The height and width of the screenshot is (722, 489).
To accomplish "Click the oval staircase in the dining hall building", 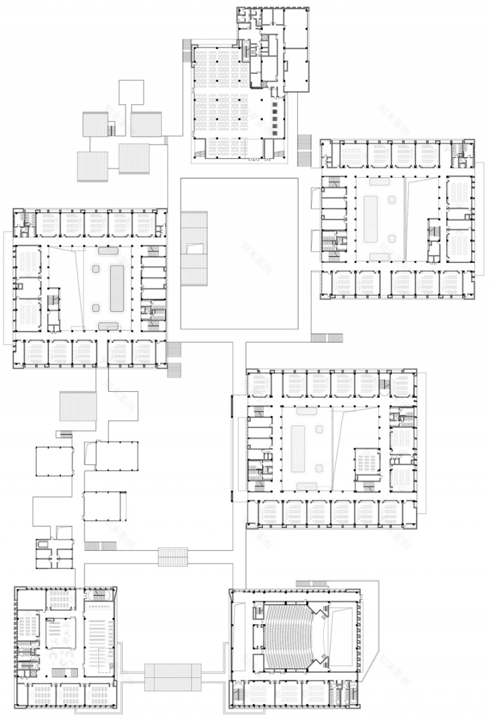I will (x=102, y=595).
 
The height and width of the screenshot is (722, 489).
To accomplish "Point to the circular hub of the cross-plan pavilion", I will (x=54, y=554).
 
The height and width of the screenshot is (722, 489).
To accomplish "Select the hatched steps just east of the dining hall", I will (x=305, y=150).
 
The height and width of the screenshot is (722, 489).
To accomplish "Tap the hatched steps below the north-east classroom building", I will (x=327, y=337).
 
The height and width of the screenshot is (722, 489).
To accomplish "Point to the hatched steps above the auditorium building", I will (x=311, y=583).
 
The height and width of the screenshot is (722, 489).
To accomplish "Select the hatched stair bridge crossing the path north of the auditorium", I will (x=173, y=556).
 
